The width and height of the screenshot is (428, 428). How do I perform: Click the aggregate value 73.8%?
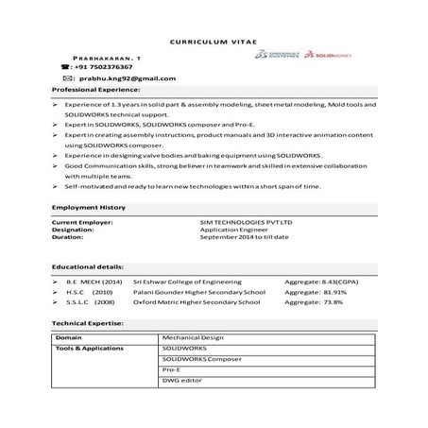coord(337,303)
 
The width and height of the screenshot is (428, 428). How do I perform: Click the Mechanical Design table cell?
coord(191,337)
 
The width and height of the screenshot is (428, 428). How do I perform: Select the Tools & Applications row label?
coord(90,349)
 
